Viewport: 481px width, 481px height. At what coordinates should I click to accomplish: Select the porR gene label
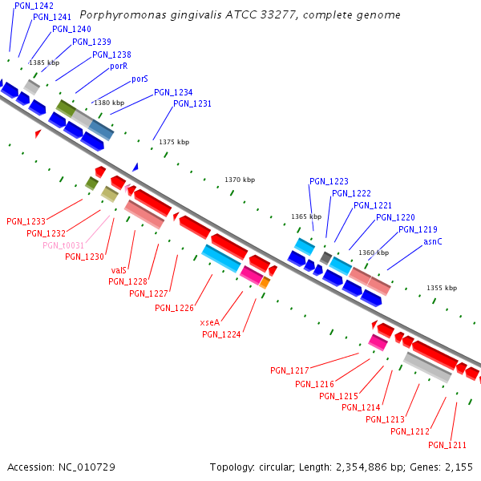(119, 67)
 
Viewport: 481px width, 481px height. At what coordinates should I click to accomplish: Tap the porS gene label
(139, 79)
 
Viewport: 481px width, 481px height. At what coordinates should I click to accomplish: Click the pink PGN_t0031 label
(63, 245)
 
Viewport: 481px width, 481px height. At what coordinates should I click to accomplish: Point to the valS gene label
(119, 270)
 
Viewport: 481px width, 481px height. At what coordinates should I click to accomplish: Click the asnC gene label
(432, 241)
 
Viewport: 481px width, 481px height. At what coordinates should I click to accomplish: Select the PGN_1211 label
(447, 445)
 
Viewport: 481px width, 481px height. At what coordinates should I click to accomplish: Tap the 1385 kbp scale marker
(44, 62)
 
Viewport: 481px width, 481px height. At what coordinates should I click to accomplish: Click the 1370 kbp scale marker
(240, 180)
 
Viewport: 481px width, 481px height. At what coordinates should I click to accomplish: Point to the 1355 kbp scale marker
(441, 288)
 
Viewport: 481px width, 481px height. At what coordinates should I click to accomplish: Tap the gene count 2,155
(459, 467)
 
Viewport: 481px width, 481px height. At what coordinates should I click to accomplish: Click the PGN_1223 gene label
(329, 181)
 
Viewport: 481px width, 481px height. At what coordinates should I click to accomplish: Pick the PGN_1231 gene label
(192, 103)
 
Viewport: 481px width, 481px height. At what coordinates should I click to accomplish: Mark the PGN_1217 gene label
(289, 370)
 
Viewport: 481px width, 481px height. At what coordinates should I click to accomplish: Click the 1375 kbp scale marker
(174, 142)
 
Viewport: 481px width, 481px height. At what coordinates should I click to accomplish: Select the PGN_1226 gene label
(174, 308)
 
